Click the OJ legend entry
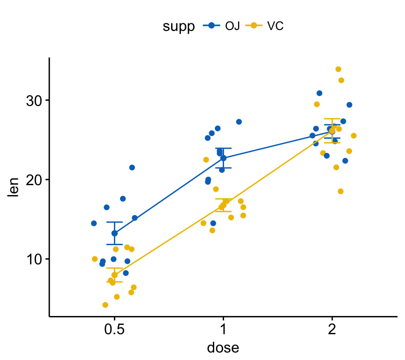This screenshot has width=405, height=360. coord(222,26)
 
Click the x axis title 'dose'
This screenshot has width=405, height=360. coord(223,348)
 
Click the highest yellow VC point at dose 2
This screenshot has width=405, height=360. coord(338,69)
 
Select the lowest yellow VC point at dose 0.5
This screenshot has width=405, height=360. coord(105,305)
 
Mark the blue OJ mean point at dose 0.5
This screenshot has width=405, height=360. coord(114,233)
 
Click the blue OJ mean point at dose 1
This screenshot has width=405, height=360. coord(223,158)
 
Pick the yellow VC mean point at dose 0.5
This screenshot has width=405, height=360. coord(114,275)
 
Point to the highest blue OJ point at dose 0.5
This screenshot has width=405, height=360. coord(132,167)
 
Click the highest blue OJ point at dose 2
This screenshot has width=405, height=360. coord(319,93)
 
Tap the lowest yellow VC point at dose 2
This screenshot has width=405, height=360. coord(340,191)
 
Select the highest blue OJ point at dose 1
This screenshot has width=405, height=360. coord(239,122)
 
